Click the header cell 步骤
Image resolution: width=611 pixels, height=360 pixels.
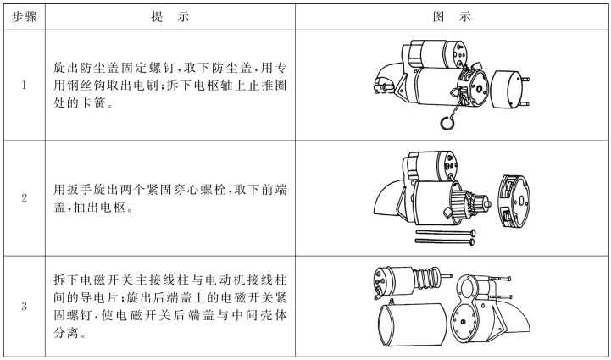click(23, 14)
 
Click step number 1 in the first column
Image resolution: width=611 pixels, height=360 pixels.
click(23, 85)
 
